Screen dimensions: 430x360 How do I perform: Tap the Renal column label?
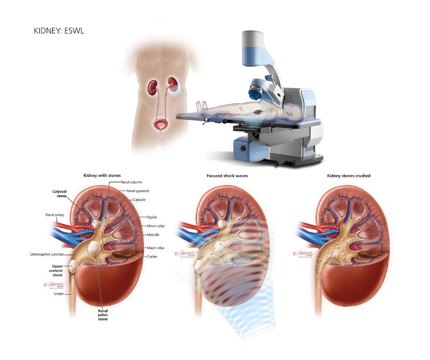[132, 182]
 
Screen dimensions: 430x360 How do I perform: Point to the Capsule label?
[140, 200]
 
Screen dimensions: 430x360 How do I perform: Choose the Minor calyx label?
[155, 225]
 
